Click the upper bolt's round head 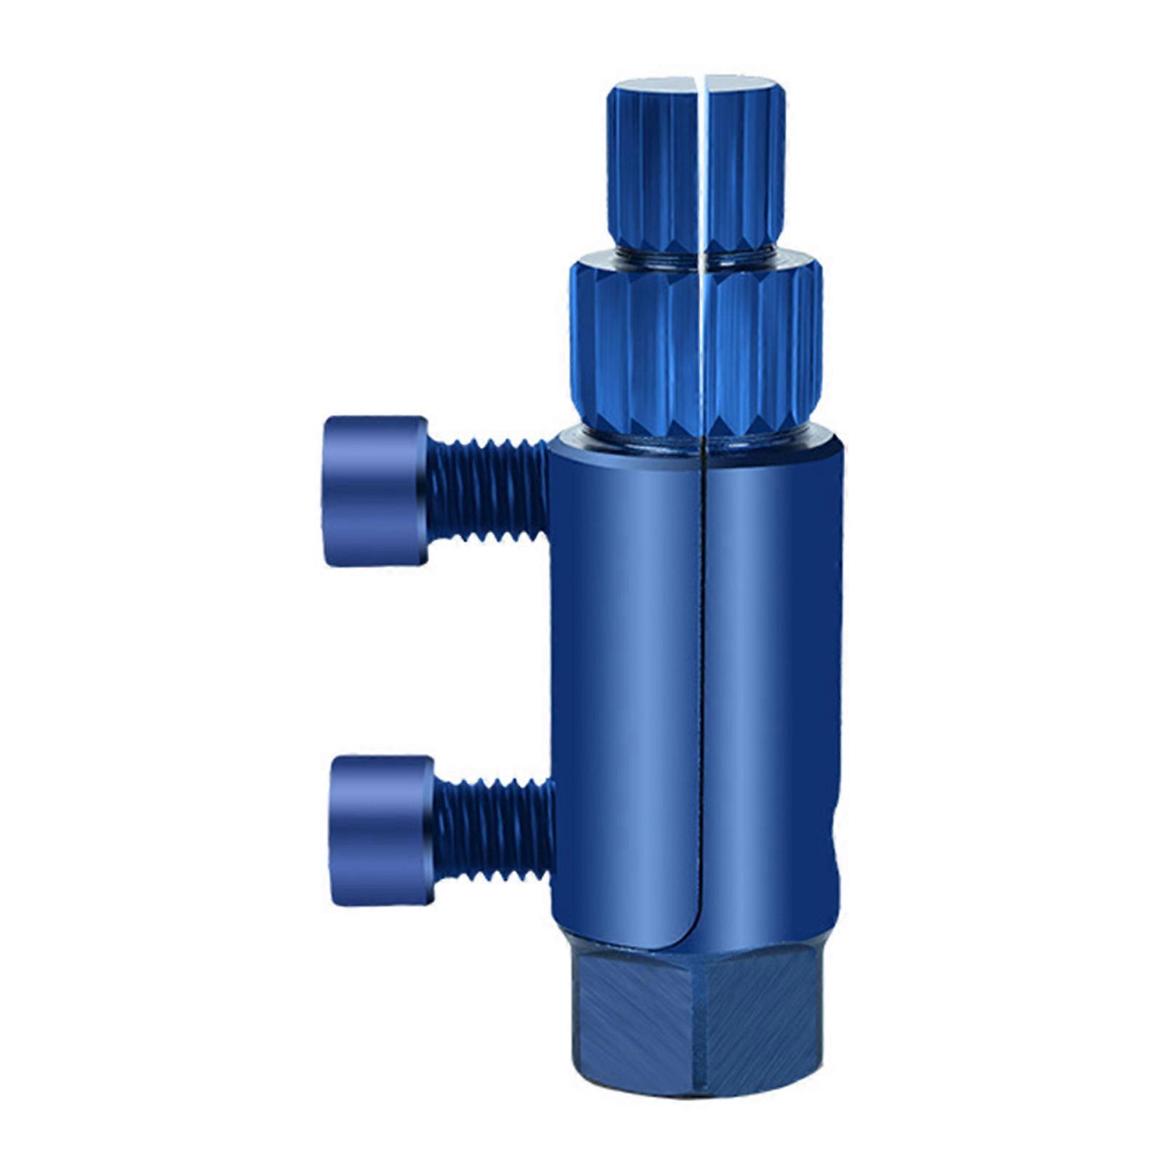(x=374, y=491)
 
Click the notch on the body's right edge (x=836, y=858)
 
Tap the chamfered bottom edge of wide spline (x=654, y=425)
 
